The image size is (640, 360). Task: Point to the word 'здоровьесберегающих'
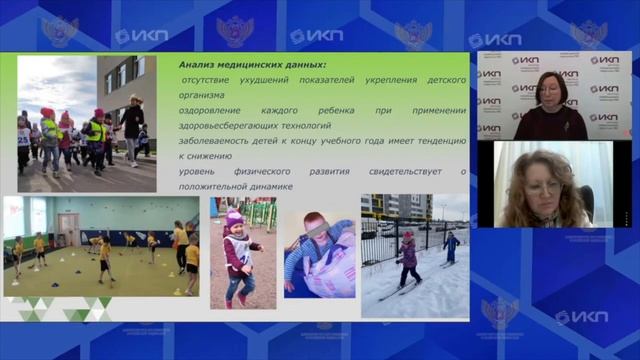pyautogui.click(x=230, y=125)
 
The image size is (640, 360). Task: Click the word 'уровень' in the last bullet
pyautogui.click(x=196, y=171)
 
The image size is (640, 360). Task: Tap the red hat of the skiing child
pyautogui.click(x=407, y=235)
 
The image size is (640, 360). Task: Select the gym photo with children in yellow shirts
pyautogui.click(x=100, y=247)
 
